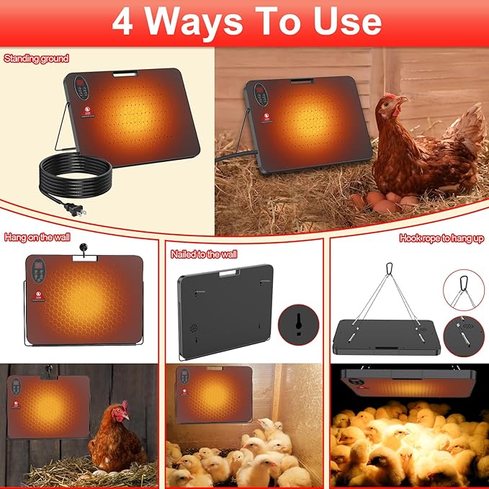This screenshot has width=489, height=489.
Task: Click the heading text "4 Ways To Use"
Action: [245, 22]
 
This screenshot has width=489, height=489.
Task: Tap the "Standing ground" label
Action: [36, 58]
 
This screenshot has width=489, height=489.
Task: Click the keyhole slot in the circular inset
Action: [297, 321]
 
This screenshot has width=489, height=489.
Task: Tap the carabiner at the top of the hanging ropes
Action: [390, 269]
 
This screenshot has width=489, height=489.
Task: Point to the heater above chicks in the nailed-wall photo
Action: [213, 394]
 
